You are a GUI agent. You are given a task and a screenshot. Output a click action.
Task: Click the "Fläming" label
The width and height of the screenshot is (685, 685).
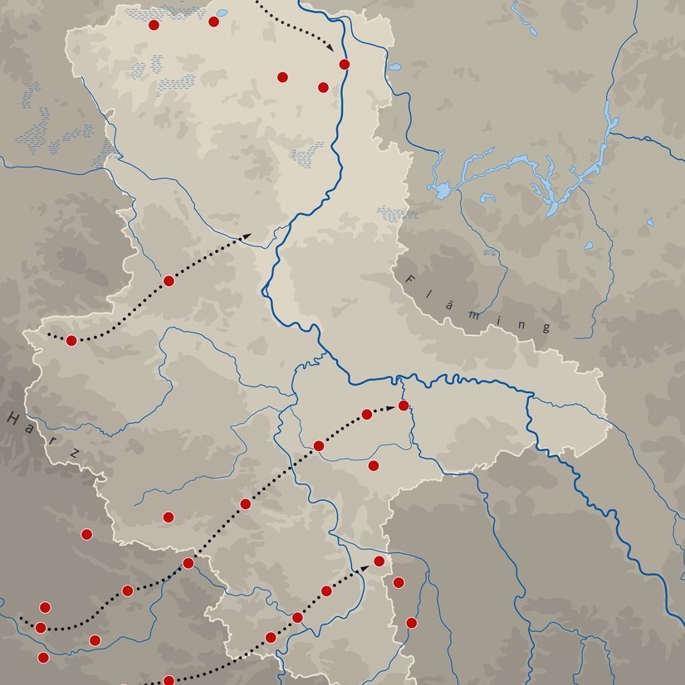tap(478, 304)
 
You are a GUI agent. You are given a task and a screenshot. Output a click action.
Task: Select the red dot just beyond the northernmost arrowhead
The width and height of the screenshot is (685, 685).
tap(345, 64)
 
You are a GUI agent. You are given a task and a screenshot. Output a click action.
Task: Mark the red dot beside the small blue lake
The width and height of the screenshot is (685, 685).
tap(213, 21)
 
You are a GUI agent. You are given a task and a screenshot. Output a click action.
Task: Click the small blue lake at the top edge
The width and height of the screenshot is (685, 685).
tap(223, 13)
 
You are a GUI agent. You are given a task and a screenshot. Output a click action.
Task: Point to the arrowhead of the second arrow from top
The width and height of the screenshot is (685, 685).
tap(247, 237)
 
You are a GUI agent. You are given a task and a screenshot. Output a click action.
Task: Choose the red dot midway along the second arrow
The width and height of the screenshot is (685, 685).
tap(169, 280)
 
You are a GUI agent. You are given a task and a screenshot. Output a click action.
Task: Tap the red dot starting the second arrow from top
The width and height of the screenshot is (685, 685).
tap(71, 340)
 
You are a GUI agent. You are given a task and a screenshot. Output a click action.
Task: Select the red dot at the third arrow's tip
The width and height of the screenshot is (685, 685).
tap(404, 406)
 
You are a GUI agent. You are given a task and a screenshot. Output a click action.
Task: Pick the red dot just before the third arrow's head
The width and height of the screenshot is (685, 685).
tap(367, 414)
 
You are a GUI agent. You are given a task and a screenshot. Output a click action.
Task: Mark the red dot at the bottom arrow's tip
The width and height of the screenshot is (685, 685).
tap(379, 561)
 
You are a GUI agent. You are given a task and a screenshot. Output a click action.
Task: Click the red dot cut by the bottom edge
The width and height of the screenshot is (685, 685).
tap(169, 680)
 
